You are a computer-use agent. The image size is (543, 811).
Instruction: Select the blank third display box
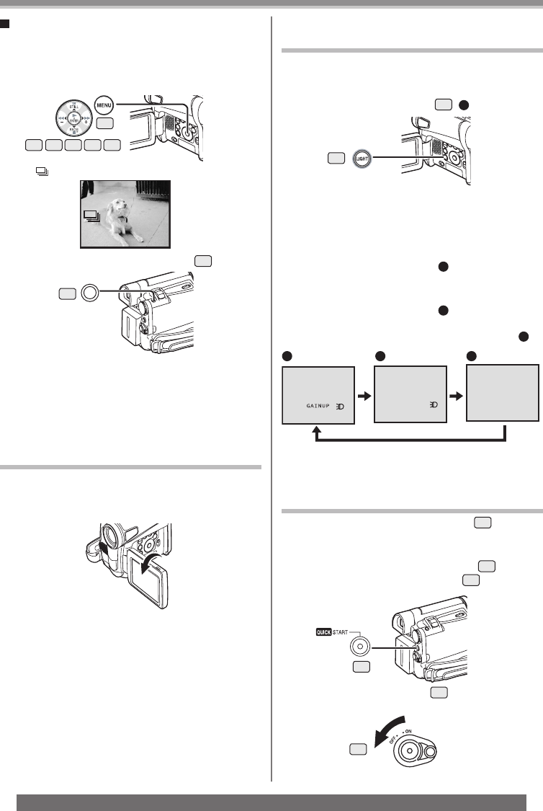point(503,392)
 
